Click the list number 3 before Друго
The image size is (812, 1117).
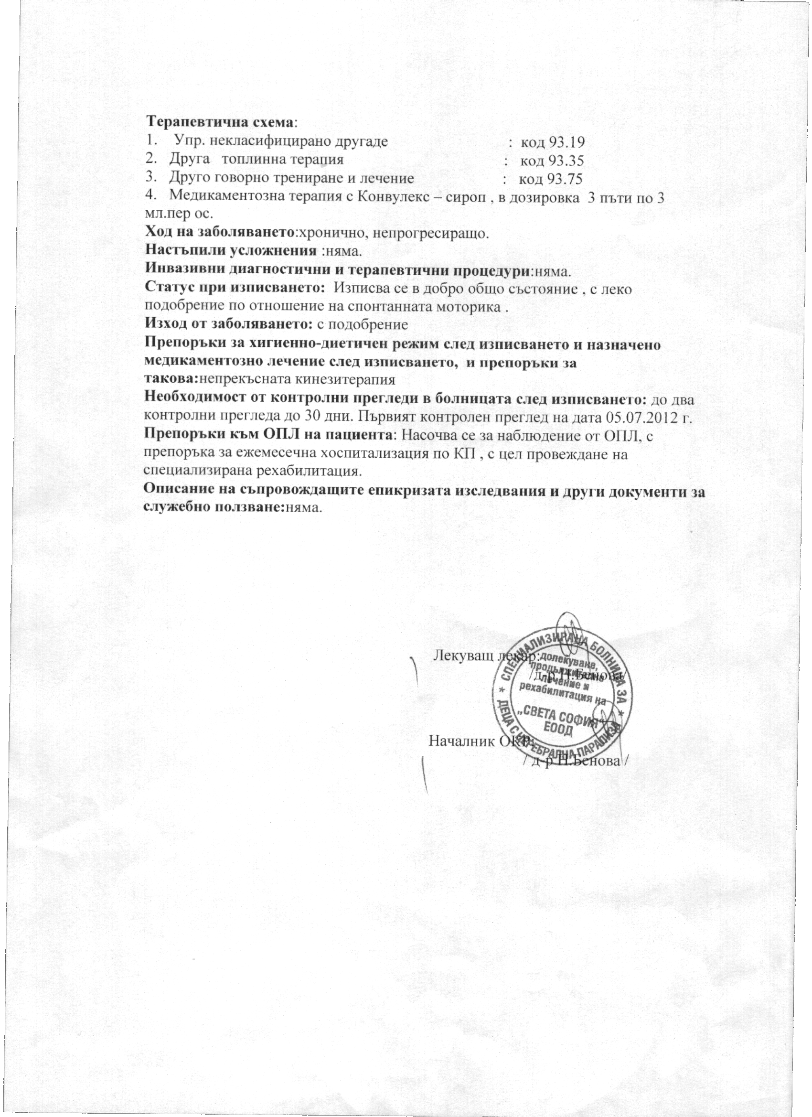click(149, 178)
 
